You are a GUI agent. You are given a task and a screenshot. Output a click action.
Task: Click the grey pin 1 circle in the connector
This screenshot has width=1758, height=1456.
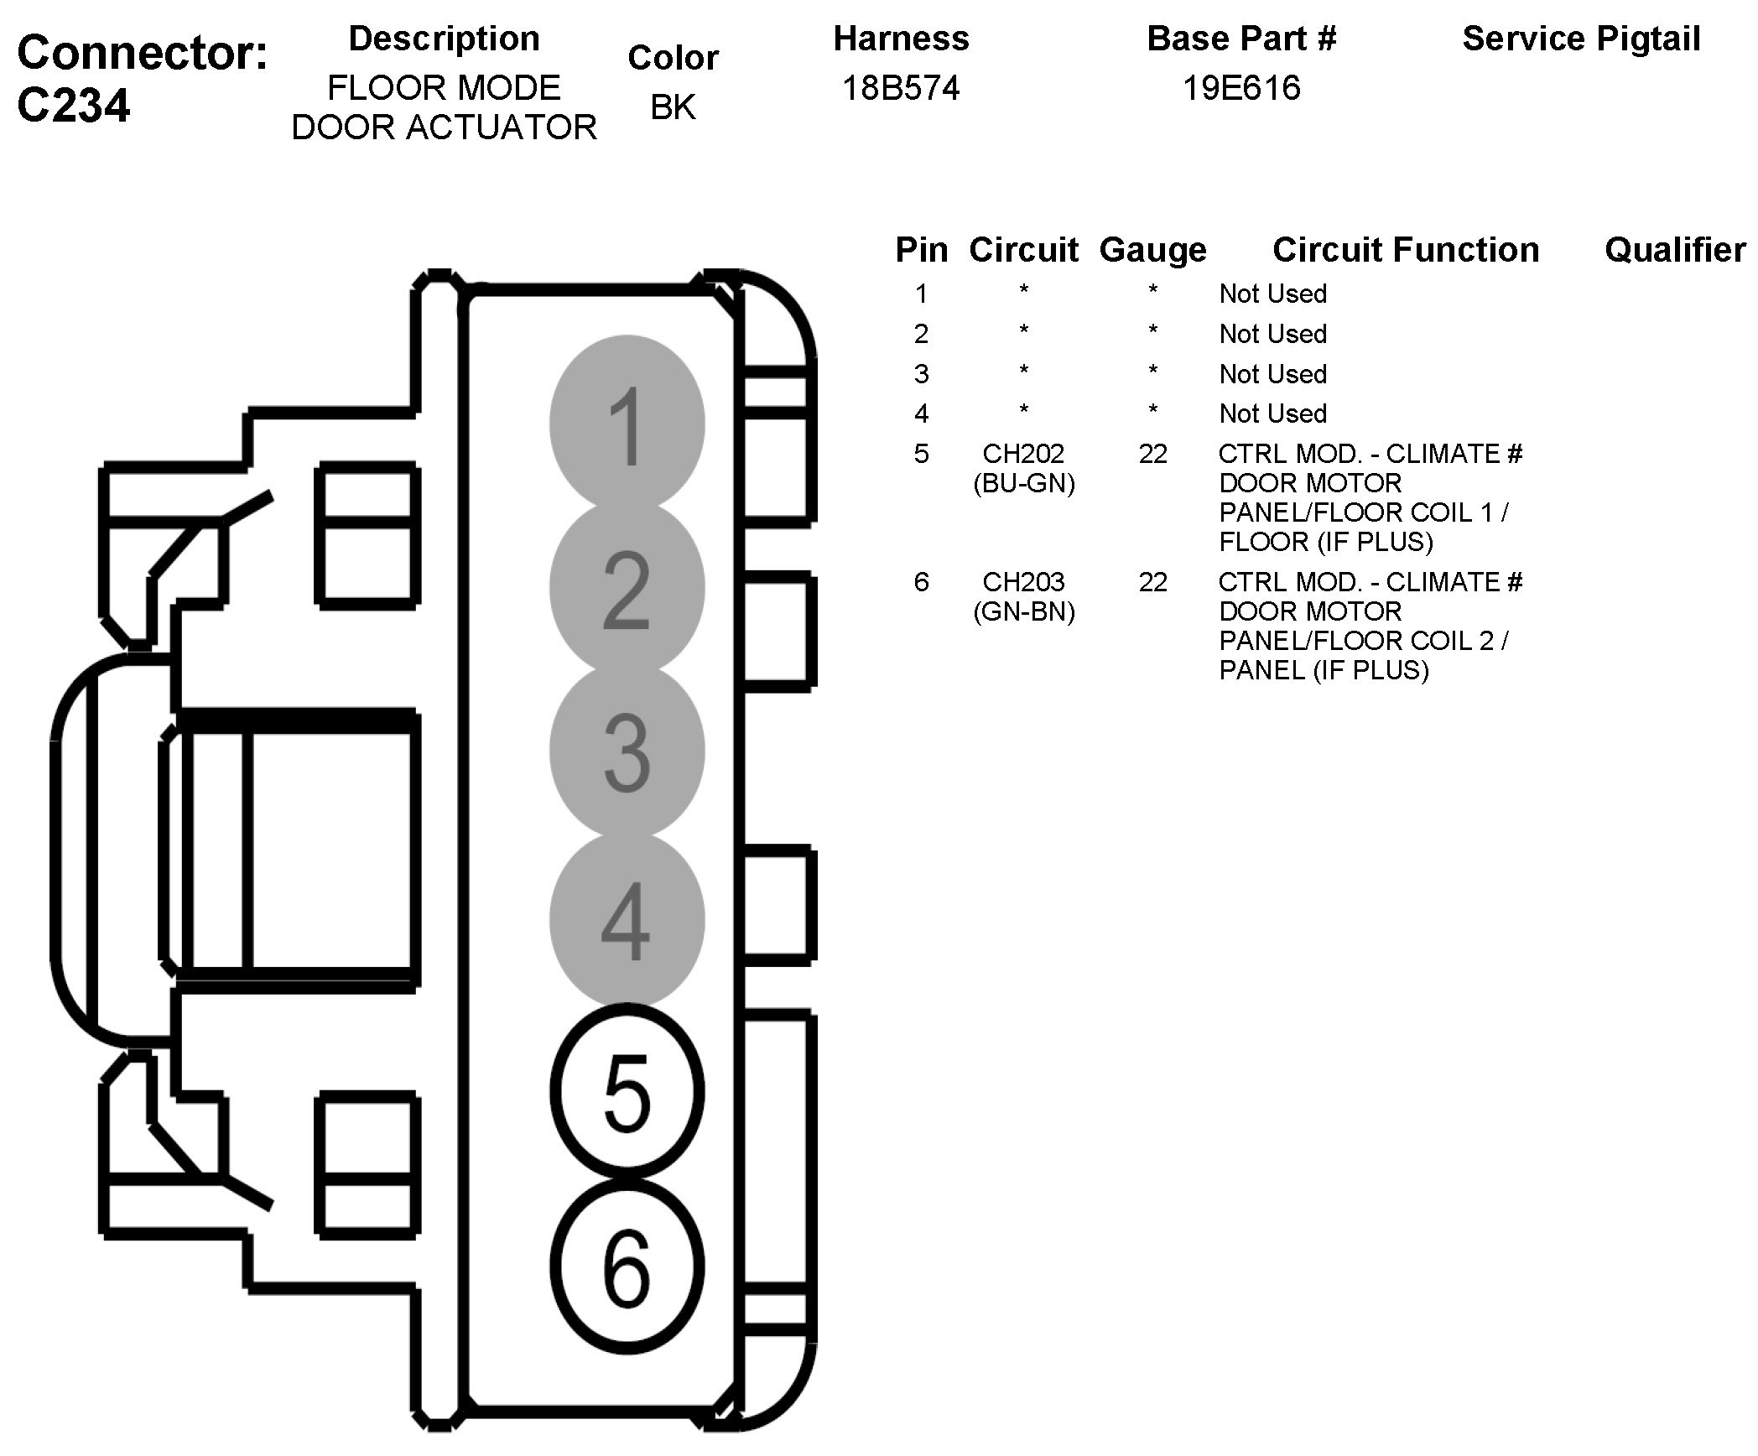click(627, 424)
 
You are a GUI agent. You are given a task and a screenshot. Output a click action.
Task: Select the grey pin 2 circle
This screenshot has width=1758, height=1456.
click(627, 589)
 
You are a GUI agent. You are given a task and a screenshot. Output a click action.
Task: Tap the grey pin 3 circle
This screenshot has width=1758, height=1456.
click(627, 751)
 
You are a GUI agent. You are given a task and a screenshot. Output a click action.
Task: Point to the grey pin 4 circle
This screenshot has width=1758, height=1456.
click(627, 920)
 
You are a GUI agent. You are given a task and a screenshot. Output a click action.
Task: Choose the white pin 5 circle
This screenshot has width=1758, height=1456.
click(627, 1090)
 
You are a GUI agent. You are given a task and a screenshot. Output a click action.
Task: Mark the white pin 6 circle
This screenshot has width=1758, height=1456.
click(627, 1266)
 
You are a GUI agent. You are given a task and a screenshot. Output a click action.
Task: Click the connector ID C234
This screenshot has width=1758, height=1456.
click(74, 106)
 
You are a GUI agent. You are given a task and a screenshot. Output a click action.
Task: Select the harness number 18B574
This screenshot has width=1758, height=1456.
click(900, 88)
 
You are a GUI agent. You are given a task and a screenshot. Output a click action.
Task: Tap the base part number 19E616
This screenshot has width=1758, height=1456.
click(1240, 88)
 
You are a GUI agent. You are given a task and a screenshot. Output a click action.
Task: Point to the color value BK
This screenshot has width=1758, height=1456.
click(673, 107)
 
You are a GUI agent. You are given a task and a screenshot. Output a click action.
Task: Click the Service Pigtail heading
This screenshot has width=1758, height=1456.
click(1581, 39)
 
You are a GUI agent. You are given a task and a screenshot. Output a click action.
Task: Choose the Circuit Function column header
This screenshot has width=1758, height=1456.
click(1406, 250)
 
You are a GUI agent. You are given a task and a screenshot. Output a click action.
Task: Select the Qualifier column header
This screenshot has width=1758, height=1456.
click(1675, 250)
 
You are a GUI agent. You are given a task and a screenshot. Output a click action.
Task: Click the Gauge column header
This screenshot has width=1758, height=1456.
click(1152, 250)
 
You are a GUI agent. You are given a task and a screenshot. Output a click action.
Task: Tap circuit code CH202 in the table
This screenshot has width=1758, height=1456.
click(1023, 454)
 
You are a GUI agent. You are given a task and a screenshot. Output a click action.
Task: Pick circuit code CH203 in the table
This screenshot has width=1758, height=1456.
click(1023, 582)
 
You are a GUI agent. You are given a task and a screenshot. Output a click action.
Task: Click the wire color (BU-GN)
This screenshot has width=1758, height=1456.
click(1024, 484)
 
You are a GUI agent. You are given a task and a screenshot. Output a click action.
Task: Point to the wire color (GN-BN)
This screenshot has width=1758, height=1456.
click(1024, 612)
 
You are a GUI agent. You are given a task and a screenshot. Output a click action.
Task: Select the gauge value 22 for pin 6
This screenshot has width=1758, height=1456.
click(1152, 582)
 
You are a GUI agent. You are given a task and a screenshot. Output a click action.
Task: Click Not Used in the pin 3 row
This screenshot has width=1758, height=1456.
click(1272, 374)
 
